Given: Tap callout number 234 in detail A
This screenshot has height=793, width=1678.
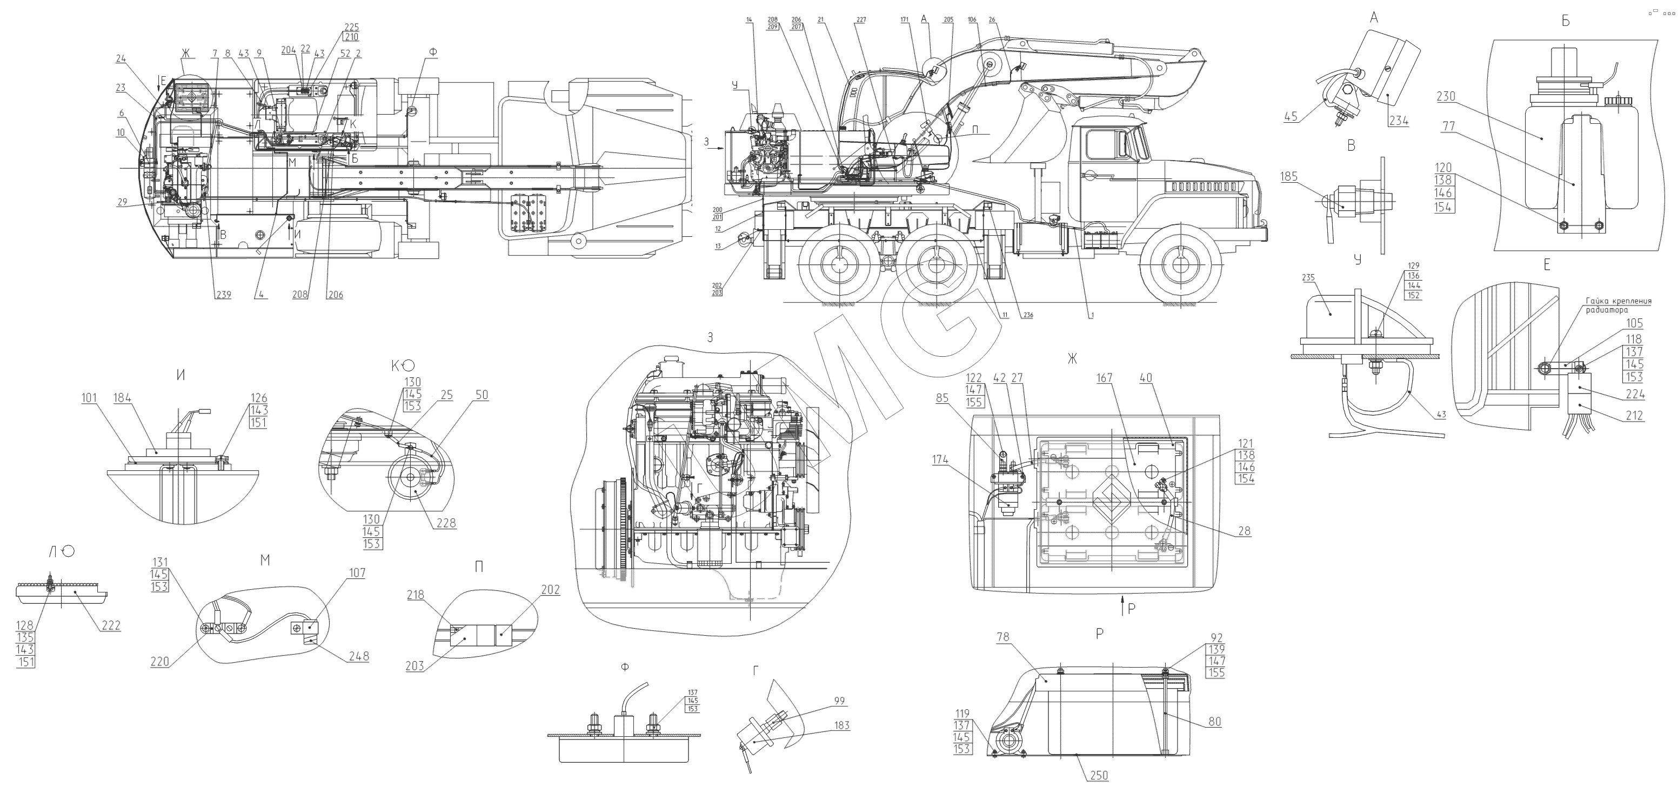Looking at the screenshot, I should pyautogui.click(x=1399, y=121).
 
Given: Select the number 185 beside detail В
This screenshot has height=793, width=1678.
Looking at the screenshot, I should pyautogui.click(x=1288, y=177).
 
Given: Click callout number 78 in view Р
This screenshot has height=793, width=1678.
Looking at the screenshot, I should pyautogui.click(x=1002, y=637).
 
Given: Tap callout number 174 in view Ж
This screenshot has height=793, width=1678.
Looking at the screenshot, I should pyautogui.click(x=940, y=460).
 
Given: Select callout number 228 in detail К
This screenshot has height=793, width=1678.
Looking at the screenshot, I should pyautogui.click(x=447, y=523).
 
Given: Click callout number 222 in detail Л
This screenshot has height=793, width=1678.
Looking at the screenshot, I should pyautogui.click(x=111, y=625).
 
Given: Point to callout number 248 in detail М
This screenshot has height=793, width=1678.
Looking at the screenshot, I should pyautogui.click(x=358, y=656).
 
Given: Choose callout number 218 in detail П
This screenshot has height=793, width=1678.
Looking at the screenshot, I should pyautogui.click(x=416, y=595).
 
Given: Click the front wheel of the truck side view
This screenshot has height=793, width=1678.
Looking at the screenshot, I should pyautogui.click(x=1180, y=264).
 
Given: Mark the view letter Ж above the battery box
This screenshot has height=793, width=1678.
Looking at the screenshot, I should pyautogui.click(x=1072, y=358).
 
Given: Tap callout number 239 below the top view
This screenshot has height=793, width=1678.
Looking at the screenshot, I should pyautogui.click(x=223, y=295).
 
